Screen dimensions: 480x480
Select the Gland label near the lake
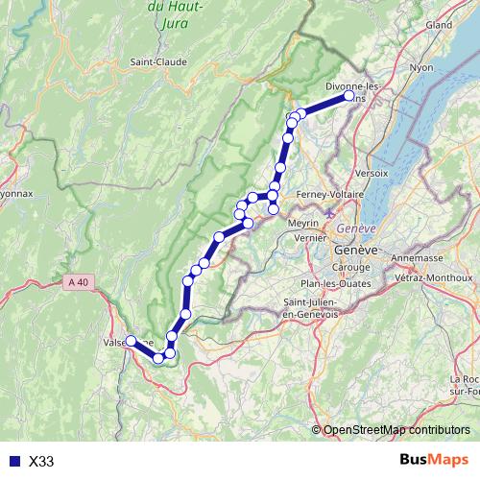point(439,24)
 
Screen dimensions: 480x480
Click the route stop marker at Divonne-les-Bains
point(349,96)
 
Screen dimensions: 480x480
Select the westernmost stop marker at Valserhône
point(131,341)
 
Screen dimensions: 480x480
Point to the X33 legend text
point(41,462)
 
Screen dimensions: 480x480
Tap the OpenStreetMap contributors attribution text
point(396,430)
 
